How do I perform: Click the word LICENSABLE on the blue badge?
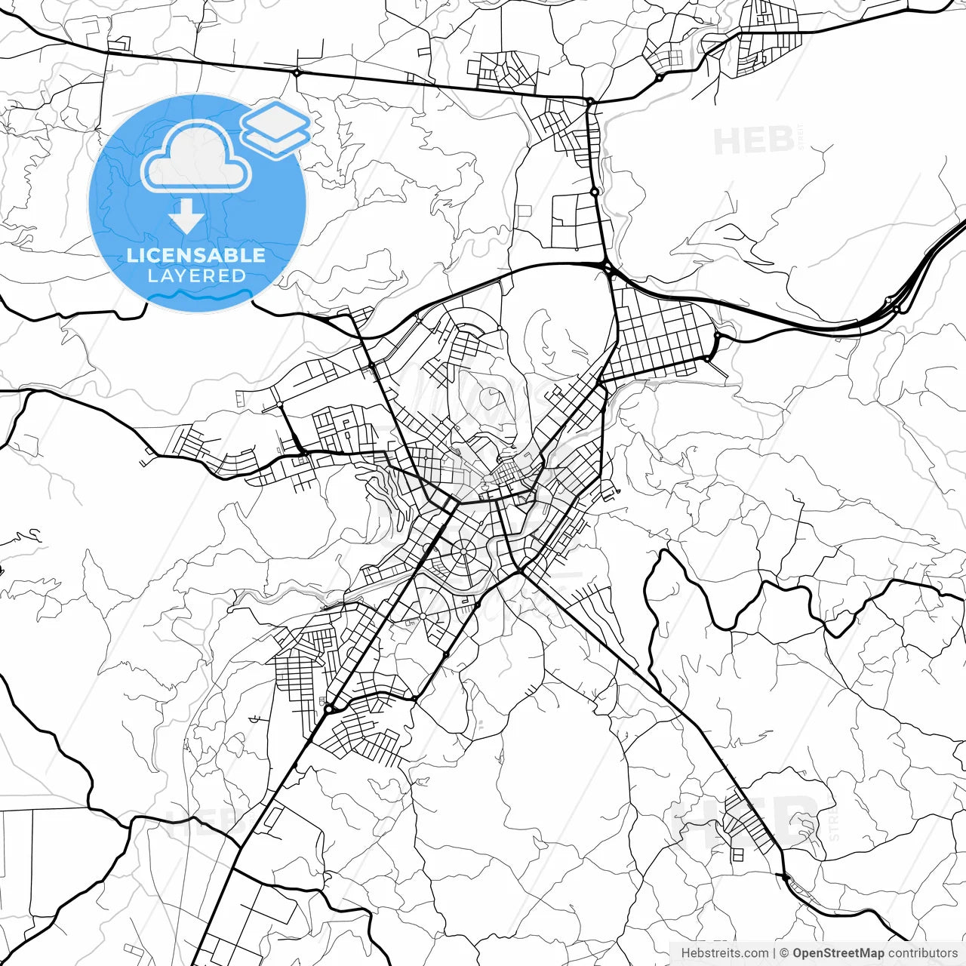pyautogui.click(x=196, y=255)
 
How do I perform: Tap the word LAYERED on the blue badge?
pyautogui.click(x=196, y=275)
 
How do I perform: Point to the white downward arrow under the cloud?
pyautogui.click(x=186, y=217)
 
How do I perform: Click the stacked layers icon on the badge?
pyautogui.click(x=276, y=130)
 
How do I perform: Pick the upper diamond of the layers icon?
pyautogui.click(x=276, y=120)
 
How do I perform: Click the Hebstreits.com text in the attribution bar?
pyautogui.click(x=724, y=953)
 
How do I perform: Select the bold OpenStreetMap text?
pyautogui.click(x=838, y=953)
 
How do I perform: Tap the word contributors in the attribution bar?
pyautogui.click(x=922, y=953)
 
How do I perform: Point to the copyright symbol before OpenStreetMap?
pyautogui.click(x=784, y=953)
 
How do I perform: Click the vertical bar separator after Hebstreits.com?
pyautogui.click(x=774, y=953)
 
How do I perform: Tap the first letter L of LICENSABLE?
pyautogui.click(x=131, y=255)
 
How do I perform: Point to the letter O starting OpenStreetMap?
pyautogui.click(x=798, y=953)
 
